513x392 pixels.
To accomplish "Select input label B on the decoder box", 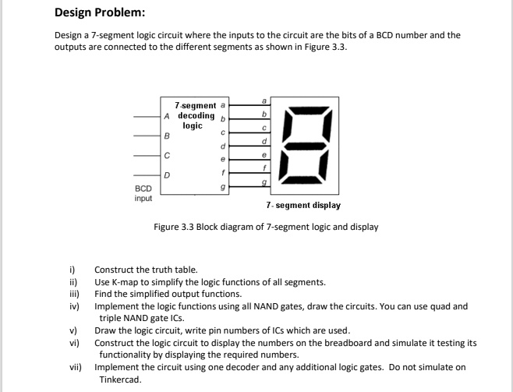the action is click(x=167, y=135).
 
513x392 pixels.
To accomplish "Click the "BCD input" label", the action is click(x=143, y=194).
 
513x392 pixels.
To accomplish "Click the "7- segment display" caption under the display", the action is click(x=302, y=206).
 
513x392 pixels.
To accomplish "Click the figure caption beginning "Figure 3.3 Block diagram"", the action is click(x=266, y=227).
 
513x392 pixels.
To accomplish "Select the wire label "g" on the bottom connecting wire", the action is click(x=263, y=181).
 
